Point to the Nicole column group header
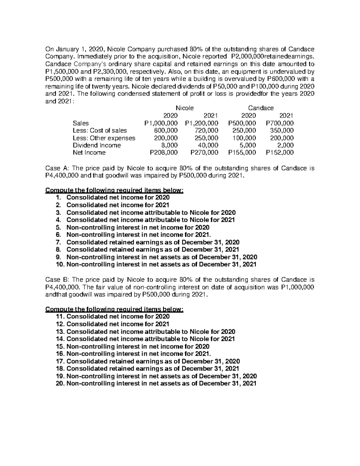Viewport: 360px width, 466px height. [184, 108]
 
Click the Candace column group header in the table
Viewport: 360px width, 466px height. [260, 108]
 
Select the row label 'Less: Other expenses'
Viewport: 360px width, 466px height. [104, 138]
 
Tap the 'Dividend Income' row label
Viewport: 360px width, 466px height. [97, 145]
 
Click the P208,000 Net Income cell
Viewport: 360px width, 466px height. [163, 152]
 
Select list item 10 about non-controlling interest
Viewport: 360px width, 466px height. [156, 264]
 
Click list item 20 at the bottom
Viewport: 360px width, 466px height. [156, 383]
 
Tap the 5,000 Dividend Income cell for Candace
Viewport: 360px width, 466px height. [248, 145]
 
